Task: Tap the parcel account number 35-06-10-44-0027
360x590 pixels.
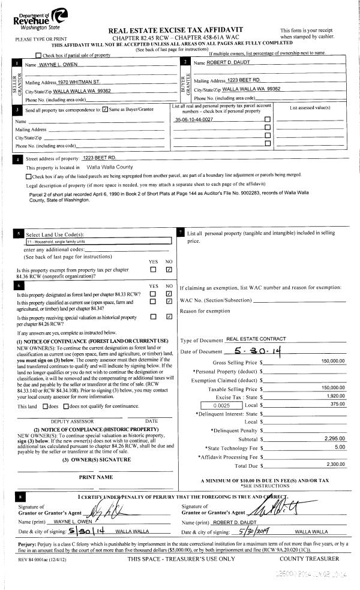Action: click(x=194, y=120)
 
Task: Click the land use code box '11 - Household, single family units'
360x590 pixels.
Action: click(x=99, y=241)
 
